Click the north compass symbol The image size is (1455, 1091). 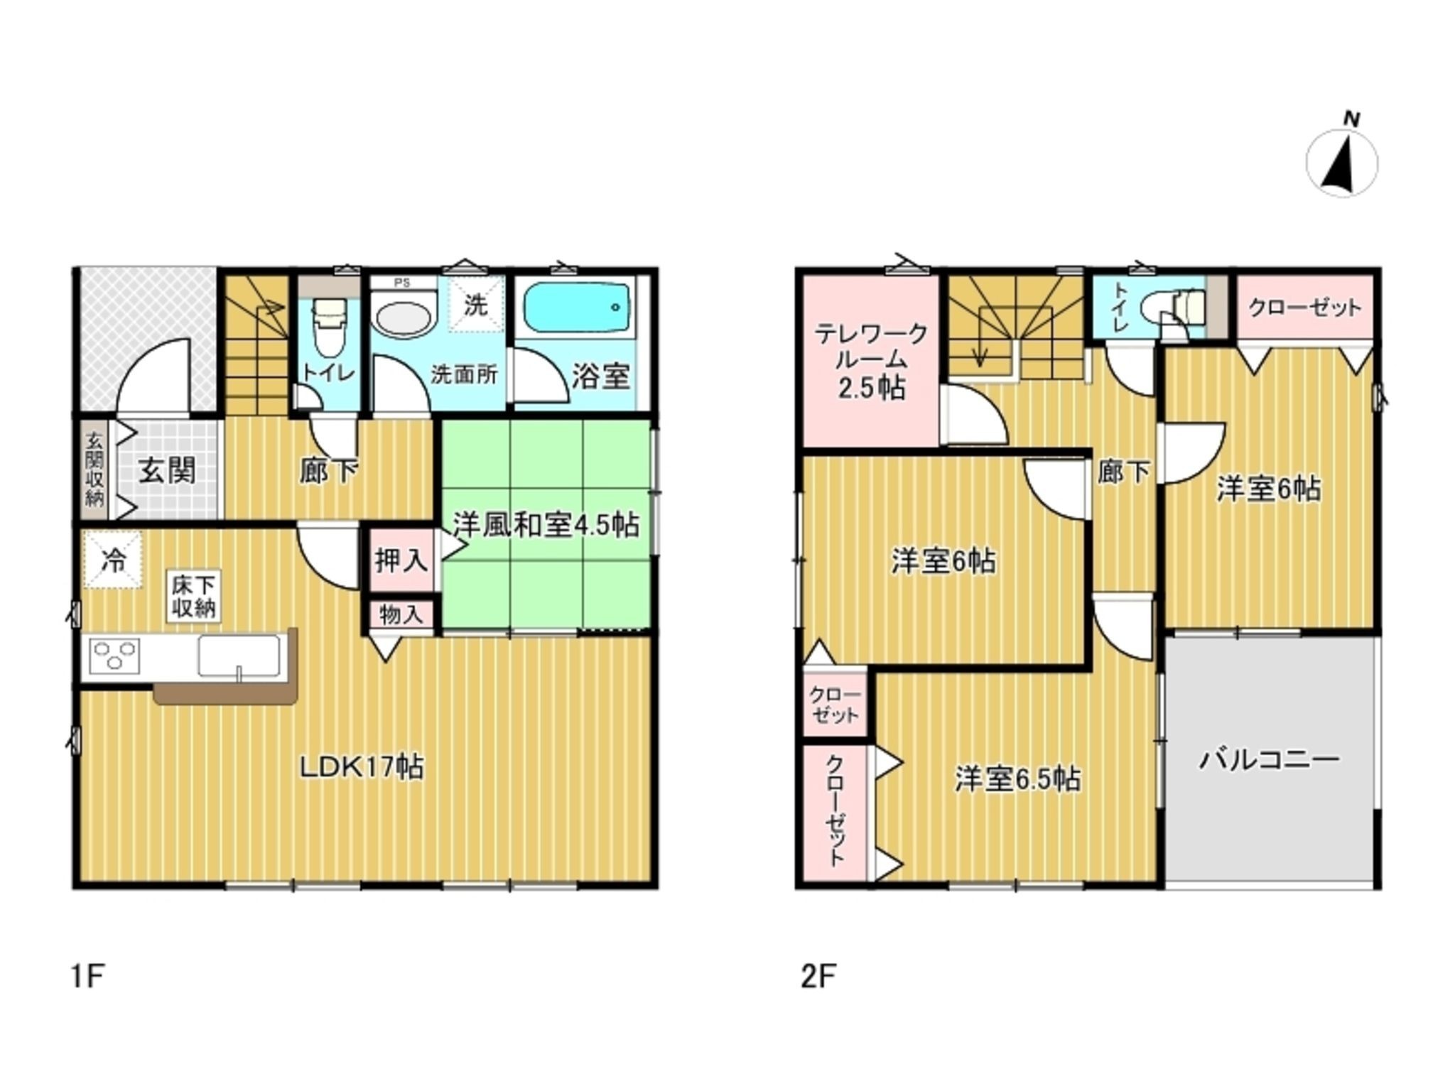click(1342, 161)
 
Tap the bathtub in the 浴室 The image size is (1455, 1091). click(577, 310)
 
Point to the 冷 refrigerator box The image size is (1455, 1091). click(113, 560)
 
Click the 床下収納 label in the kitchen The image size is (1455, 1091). click(193, 597)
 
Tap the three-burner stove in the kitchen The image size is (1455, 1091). click(114, 656)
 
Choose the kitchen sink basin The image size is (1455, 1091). click(239, 656)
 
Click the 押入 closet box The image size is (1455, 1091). click(401, 560)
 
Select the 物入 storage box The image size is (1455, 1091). click(401, 614)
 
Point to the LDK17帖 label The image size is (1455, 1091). click(362, 766)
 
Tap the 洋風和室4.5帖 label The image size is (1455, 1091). click(546, 524)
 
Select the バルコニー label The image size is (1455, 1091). click(1270, 760)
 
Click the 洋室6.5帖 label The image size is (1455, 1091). click(1017, 779)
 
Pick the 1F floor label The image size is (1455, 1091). click(88, 977)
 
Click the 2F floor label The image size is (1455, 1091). click(818, 977)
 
